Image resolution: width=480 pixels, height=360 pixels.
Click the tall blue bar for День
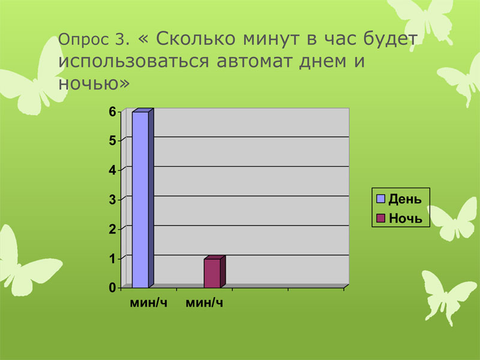pos(140,200)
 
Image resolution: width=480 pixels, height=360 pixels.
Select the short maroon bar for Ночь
pos(212,273)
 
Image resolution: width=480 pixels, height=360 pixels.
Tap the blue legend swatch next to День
pos(380,199)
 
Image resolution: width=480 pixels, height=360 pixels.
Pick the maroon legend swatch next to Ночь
pos(380,218)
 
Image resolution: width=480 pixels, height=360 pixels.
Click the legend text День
pos(405,199)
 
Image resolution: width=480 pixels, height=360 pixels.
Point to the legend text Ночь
pos(406,218)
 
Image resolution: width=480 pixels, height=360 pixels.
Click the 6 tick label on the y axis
pos(113,112)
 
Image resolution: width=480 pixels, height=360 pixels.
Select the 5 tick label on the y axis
pos(113,141)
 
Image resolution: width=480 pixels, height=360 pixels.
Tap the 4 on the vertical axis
pos(113,170)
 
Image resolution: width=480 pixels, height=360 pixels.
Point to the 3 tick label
pos(113,200)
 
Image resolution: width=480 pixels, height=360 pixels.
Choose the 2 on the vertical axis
pos(113,229)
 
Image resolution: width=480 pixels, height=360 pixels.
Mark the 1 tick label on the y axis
pos(113,259)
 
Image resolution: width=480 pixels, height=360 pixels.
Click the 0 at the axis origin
pos(113,288)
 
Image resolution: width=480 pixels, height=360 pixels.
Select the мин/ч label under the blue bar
pos(149,303)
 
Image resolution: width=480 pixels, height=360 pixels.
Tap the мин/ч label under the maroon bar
pos(205,303)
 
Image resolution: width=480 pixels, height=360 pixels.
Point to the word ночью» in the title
pos(94,83)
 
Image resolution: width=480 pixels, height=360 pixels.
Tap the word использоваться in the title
pos(134,61)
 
